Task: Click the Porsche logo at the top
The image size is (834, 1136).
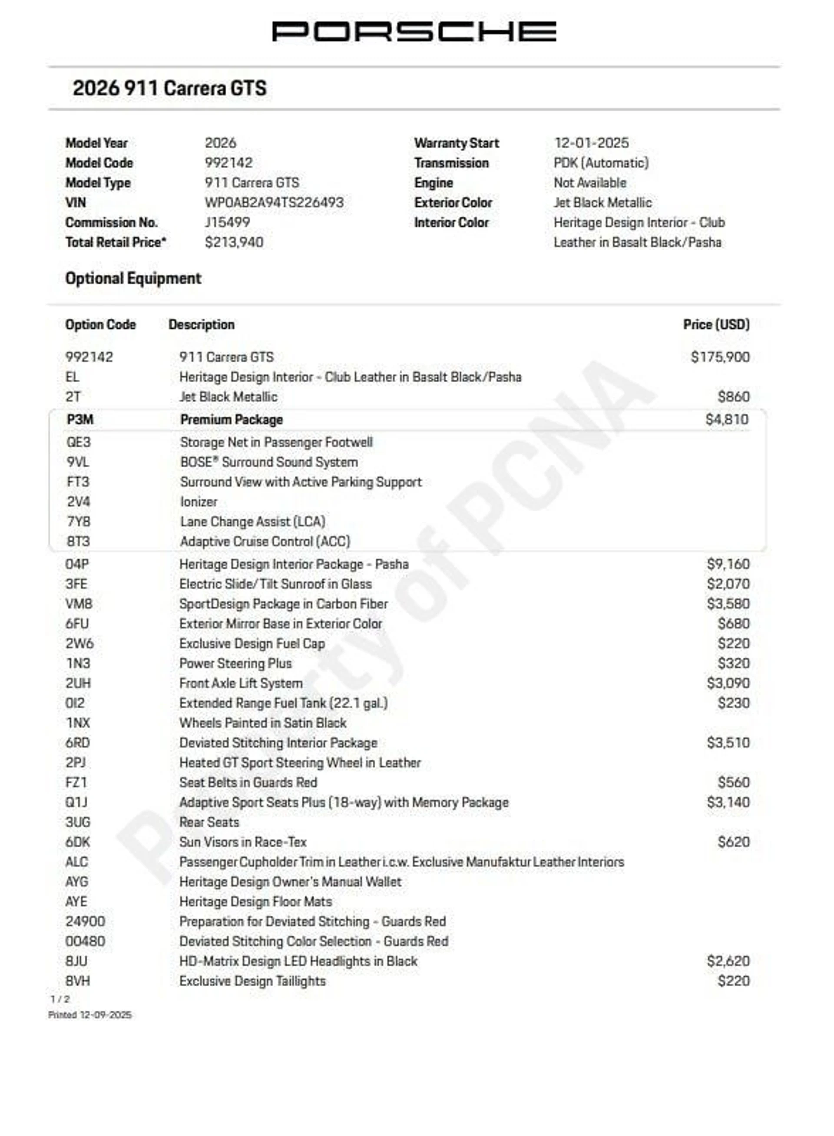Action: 414,31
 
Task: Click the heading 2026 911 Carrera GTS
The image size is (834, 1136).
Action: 170,88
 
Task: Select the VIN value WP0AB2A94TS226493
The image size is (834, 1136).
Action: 274,202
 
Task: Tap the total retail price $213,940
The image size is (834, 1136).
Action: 234,242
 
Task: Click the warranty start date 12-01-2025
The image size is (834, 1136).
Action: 591,143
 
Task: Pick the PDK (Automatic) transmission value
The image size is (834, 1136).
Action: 601,163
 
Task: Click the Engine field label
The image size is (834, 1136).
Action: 433,183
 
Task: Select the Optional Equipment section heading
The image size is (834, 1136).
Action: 133,279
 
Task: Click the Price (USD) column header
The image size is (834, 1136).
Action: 716,324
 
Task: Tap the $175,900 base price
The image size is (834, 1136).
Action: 720,357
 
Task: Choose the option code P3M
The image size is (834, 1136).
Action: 80,419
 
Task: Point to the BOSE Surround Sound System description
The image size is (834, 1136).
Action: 269,462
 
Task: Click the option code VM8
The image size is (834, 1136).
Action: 79,604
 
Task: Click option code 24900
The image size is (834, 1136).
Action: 85,921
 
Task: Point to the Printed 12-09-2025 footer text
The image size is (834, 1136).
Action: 90,1015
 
